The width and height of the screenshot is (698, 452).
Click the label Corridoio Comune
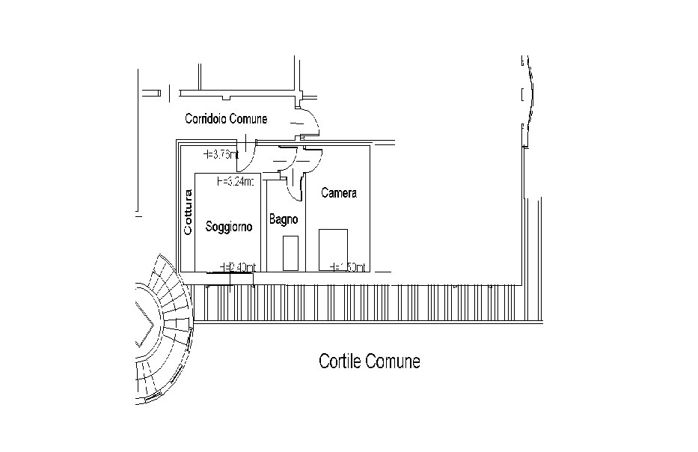(226, 119)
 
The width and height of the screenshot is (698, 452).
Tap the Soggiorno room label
(228, 225)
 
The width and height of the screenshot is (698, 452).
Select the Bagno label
(284, 220)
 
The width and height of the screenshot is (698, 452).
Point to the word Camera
(338, 193)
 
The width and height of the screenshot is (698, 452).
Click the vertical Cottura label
(189, 213)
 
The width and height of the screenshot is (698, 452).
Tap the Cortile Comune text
(369, 362)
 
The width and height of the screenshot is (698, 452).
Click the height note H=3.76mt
(221, 155)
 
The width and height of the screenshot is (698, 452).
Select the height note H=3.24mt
(236, 181)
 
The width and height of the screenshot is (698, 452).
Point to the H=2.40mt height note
(239, 266)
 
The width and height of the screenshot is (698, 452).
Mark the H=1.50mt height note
(347, 266)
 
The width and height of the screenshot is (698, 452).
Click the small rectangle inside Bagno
(291, 253)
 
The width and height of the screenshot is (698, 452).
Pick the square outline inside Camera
(334, 249)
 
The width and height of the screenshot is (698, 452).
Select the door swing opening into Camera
(310, 161)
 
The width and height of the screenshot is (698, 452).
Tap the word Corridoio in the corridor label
(206, 119)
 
